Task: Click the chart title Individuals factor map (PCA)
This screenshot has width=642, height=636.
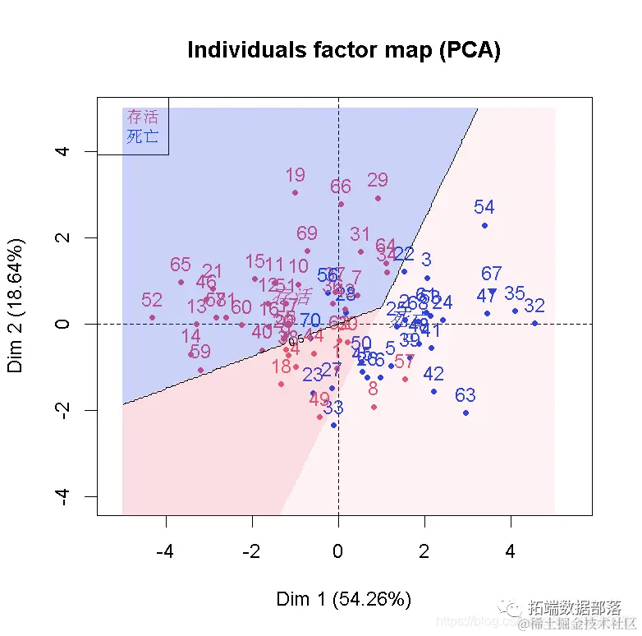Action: pyautogui.click(x=344, y=50)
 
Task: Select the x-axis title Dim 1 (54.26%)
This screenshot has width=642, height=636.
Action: pyautogui.click(x=344, y=599)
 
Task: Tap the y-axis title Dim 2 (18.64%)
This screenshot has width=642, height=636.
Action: pyautogui.click(x=16, y=306)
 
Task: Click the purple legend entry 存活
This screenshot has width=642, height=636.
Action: pyautogui.click(x=142, y=118)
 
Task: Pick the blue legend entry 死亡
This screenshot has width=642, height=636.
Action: pyautogui.click(x=142, y=136)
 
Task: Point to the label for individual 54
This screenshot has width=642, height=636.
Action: pyautogui.click(x=484, y=208)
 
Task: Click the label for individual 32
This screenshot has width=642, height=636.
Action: pyautogui.click(x=534, y=306)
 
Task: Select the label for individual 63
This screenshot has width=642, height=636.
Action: pyautogui.click(x=465, y=396)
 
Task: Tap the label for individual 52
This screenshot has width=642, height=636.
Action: pyautogui.click(x=152, y=300)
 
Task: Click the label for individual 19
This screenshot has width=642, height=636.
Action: pyautogui.click(x=295, y=175)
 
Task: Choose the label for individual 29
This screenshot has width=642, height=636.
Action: pyautogui.click(x=378, y=180)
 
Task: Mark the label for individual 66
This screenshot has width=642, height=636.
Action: pyautogui.click(x=341, y=187)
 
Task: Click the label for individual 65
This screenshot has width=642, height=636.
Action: pyautogui.click(x=181, y=265)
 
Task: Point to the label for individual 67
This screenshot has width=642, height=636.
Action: pyautogui.click(x=492, y=274)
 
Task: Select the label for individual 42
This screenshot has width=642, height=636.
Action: pyautogui.click(x=433, y=374)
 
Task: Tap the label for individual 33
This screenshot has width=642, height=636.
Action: pyautogui.click(x=333, y=407)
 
